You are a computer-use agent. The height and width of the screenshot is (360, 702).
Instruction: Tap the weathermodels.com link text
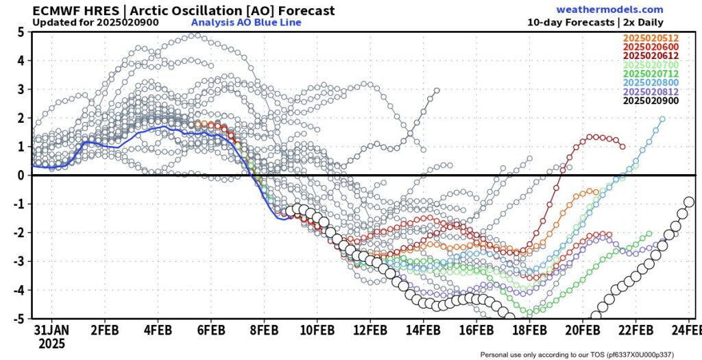609,10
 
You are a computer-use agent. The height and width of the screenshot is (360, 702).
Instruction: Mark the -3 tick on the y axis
19,261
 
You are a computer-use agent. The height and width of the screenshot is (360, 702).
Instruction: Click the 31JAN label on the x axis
53,329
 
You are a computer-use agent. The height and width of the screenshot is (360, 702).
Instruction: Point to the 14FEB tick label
424,329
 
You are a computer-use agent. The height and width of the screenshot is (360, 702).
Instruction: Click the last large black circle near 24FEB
689,202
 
